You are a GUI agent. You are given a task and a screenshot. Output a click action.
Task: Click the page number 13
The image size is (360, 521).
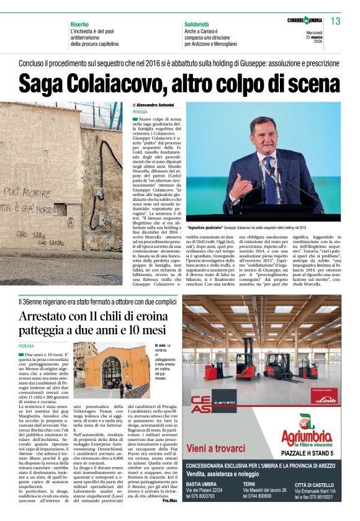tap(335, 21)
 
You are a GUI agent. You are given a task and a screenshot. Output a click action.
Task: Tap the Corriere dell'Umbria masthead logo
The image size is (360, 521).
tap(305, 20)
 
